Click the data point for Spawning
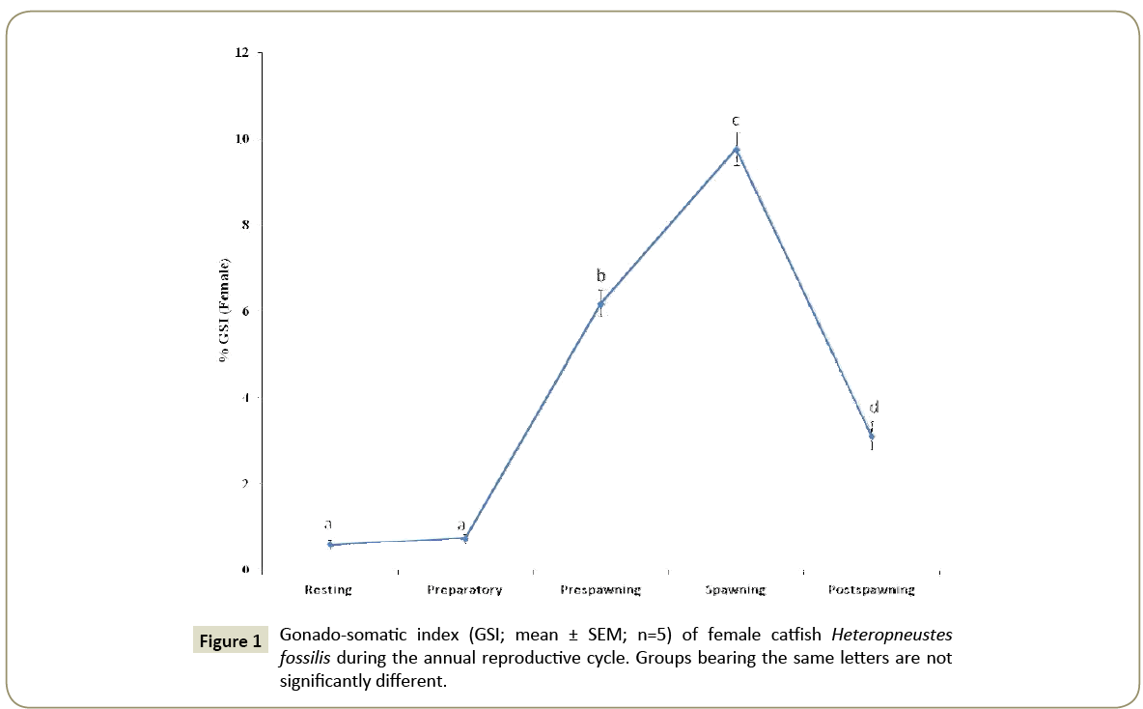point(736,150)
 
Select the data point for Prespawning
point(600,304)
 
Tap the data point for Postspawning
point(871,436)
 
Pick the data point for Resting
point(330,545)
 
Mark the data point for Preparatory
point(465,537)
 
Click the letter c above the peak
point(736,122)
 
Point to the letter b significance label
point(600,276)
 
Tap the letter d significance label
point(875,408)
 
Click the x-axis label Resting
point(328,589)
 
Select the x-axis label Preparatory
point(464,589)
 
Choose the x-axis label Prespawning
point(600,589)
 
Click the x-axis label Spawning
point(736,589)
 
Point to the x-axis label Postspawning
point(871,589)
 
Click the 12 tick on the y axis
point(241,53)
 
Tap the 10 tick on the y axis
point(241,139)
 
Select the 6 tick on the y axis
point(244,311)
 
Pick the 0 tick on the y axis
point(244,570)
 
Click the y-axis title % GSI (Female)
point(224,309)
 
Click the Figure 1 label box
point(230,641)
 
